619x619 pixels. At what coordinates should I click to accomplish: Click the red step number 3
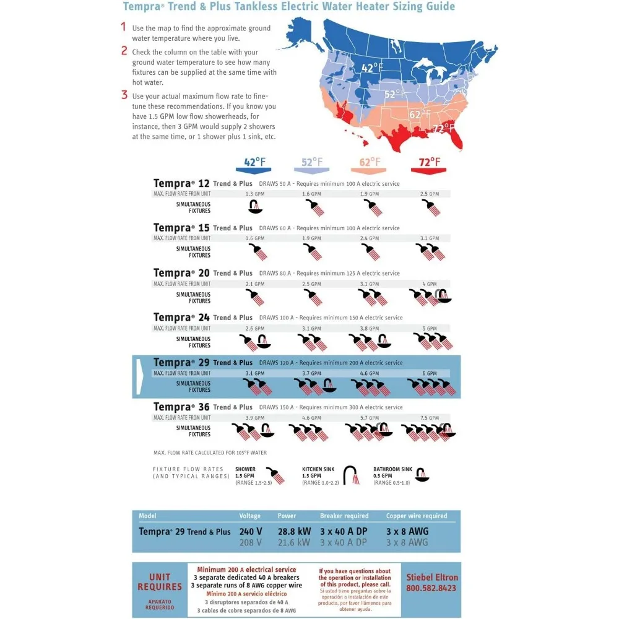coord(124,95)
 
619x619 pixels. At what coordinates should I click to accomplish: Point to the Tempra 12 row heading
coord(174,183)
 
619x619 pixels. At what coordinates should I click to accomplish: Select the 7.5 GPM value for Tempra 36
coord(430,418)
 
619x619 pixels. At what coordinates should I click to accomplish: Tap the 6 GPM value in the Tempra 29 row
coord(430,373)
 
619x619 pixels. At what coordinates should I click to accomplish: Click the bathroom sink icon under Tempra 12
coord(254,206)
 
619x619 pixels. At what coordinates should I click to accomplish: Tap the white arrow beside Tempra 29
coord(139,375)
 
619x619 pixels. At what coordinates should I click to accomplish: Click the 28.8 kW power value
coord(293,531)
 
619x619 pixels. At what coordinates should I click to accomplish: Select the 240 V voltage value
coord(250,531)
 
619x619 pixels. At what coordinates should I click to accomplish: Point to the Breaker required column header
coord(344,516)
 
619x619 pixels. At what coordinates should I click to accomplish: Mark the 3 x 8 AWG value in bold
coord(407,531)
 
